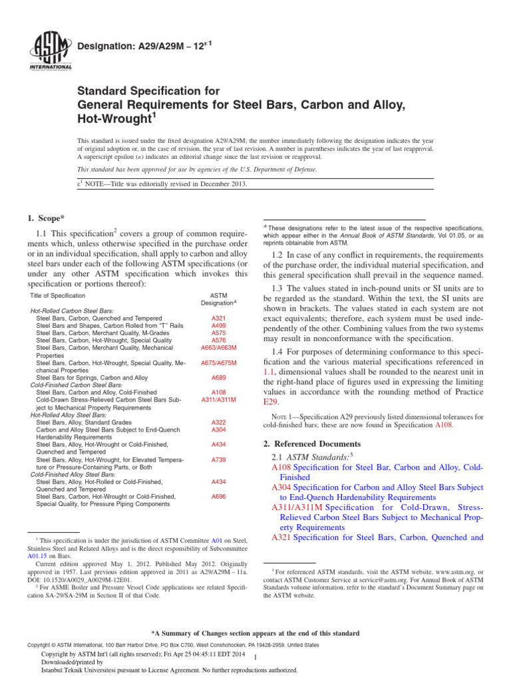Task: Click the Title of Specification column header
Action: coord(58,295)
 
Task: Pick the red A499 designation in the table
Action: coord(218,326)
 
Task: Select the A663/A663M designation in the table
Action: coord(218,348)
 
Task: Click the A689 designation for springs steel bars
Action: coord(218,377)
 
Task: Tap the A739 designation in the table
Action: coord(218,459)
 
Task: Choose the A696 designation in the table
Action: coord(218,496)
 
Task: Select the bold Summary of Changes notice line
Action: coord(255,633)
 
